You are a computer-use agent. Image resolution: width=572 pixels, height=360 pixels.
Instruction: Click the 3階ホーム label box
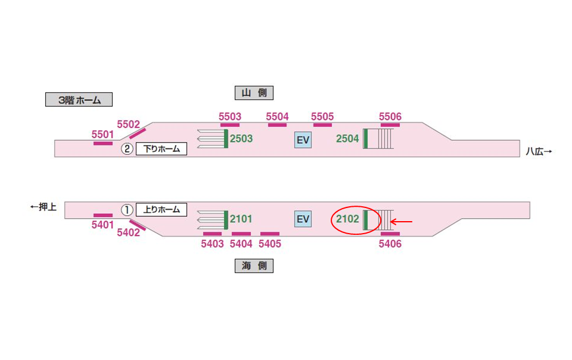click(79, 100)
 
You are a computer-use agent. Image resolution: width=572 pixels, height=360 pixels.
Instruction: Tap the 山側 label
click(254, 92)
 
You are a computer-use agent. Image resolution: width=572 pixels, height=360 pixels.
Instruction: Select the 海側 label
click(254, 266)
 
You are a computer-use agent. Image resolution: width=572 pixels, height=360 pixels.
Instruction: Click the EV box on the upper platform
click(303, 139)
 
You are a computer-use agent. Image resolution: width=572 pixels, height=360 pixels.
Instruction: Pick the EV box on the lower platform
click(303, 219)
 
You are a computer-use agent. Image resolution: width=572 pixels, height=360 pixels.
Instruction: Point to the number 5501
click(102, 135)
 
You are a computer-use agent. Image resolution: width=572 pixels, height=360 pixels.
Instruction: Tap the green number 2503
click(241, 139)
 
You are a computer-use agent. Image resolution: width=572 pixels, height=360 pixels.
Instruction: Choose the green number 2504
click(347, 139)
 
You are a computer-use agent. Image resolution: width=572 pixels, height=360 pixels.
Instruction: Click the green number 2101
click(241, 219)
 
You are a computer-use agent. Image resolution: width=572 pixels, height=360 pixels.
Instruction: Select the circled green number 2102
click(348, 219)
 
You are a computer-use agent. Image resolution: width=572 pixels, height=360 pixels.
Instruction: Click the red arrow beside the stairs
click(401, 222)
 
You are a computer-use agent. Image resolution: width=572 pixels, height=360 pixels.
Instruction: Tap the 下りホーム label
click(161, 149)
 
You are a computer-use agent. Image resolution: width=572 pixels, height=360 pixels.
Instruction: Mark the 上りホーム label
click(161, 210)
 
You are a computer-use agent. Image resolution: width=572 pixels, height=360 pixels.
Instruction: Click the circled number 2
click(127, 149)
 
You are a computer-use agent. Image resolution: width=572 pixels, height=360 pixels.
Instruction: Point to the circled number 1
click(127, 210)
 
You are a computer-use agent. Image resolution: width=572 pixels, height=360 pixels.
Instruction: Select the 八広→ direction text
click(539, 151)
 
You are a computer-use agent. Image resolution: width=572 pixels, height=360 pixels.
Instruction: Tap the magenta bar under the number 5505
click(322, 125)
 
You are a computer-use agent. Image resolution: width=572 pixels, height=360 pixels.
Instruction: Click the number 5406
click(390, 244)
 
